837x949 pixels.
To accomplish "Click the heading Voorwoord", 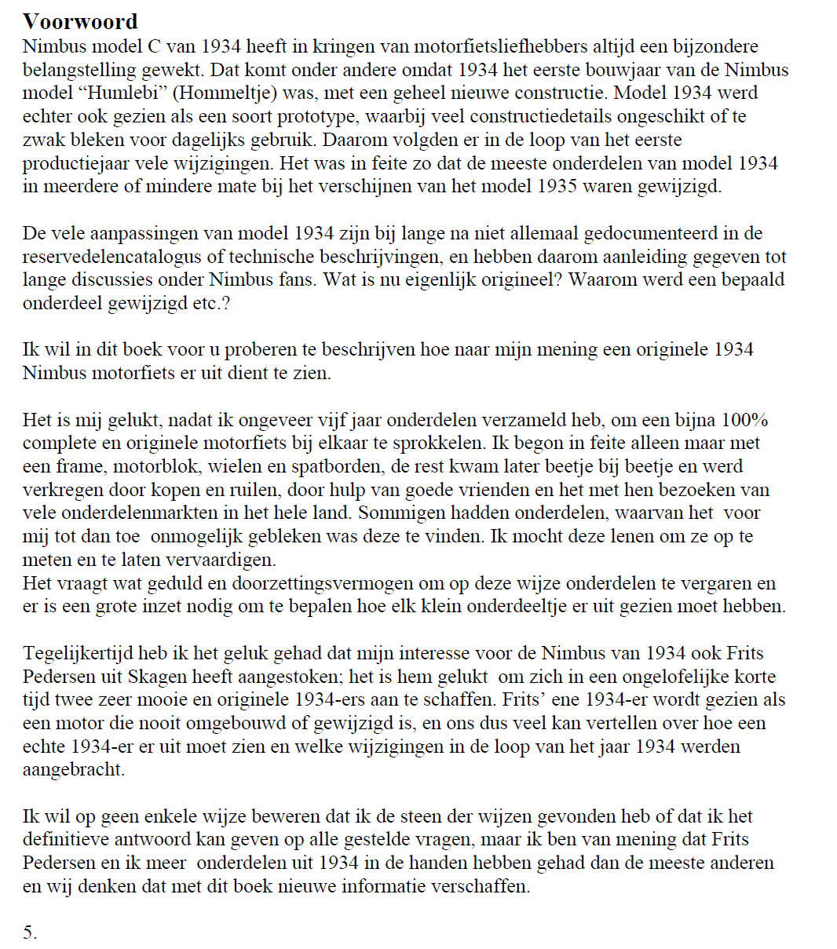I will [x=80, y=20].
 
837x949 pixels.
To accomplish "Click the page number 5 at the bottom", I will [x=30, y=933].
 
